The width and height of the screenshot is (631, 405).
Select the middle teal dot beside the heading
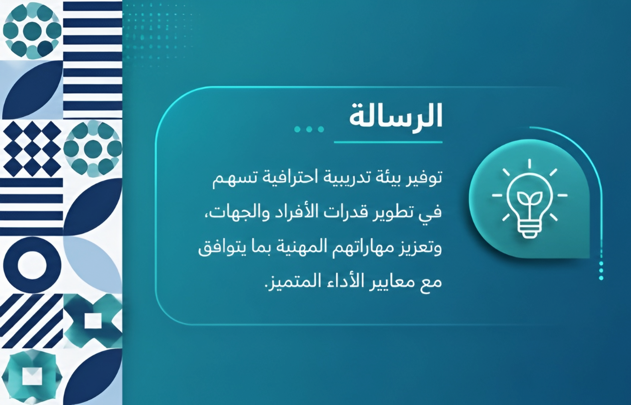click(x=309, y=129)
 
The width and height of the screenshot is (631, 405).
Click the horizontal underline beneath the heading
click(x=388, y=142)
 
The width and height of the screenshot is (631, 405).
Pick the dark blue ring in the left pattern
click(x=31, y=264)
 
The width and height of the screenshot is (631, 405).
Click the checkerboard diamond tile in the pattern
click(x=31, y=148)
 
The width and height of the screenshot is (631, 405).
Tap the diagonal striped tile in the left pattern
click(x=31, y=321)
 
